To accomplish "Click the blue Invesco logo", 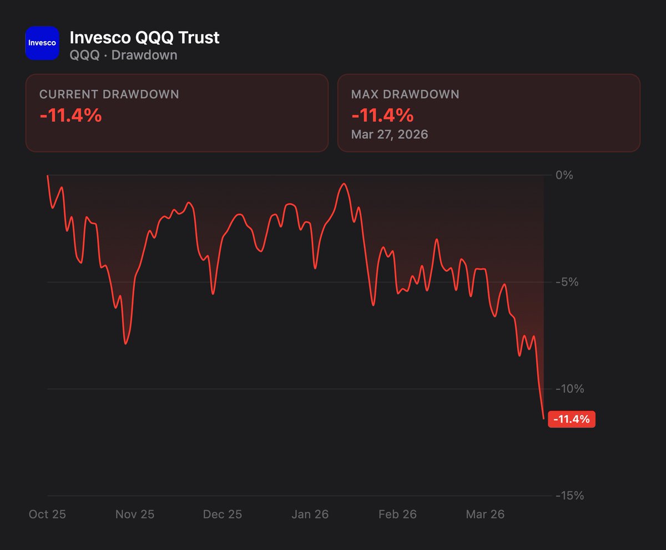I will [42, 43].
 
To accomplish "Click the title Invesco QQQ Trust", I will [144, 37].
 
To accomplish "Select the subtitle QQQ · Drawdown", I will [123, 55].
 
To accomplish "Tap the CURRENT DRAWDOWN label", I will [109, 94].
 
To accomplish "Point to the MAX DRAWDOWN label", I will [405, 94].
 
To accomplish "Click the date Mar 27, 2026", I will [390, 134].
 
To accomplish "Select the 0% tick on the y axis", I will [564, 175].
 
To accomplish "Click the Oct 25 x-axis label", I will [47, 514].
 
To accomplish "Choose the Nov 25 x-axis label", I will [135, 514].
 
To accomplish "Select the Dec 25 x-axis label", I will [223, 514].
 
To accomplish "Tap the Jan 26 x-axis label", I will [310, 514].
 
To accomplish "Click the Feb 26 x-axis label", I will [397, 514].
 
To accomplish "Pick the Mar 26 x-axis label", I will [485, 514].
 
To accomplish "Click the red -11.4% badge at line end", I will [572, 419].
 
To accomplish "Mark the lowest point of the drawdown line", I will [543, 418].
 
